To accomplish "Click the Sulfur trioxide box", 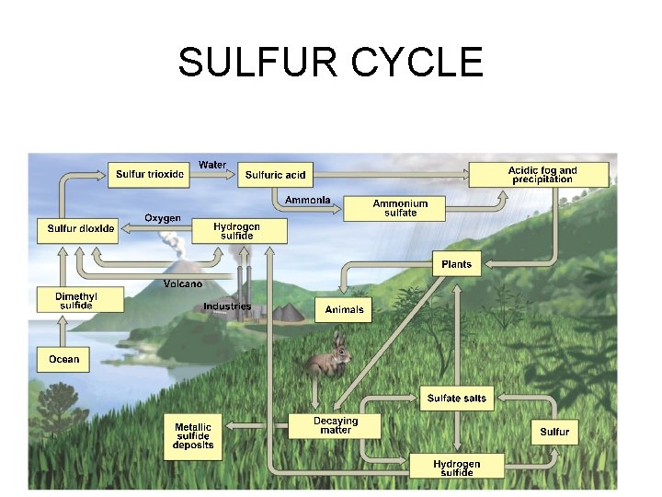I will click(x=150, y=174).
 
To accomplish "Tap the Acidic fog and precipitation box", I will click(x=542, y=175).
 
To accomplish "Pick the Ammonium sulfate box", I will click(x=394, y=208).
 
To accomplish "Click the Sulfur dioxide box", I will click(x=82, y=228).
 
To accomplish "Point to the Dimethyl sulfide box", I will click(x=76, y=300).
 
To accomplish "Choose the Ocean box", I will click(x=63, y=359).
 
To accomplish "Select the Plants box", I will click(x=456, y=265).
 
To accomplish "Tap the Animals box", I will click(x=345, y=309).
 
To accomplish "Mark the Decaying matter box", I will click(x=336, y=425).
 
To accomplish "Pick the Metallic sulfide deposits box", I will click(x=193, y=436).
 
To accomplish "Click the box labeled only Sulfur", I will click(x=554, y=432).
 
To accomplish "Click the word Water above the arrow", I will click(x=212, y=165).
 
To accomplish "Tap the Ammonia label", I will click(x=307, y=201).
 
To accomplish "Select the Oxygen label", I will click(x=163, y=218).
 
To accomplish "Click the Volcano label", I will click(x=183, y=283).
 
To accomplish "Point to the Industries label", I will click(x=227, y=306).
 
